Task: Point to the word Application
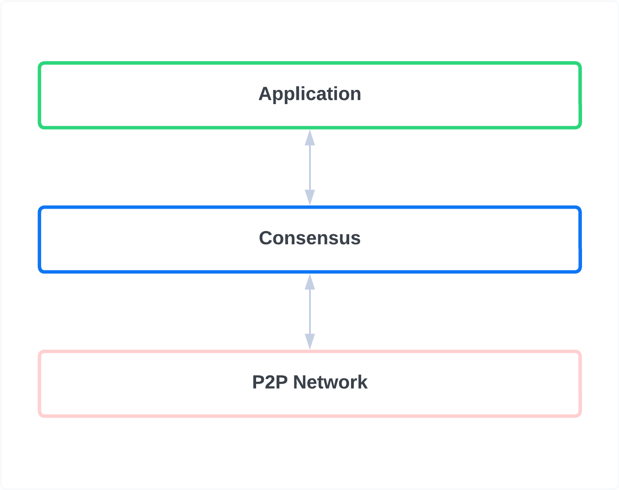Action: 309,94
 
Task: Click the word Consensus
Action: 309,238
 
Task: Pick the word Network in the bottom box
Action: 330,382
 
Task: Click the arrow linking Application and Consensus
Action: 310,168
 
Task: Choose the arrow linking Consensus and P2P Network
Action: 310,312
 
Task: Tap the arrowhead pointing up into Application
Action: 310,137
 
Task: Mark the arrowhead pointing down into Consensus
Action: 310,198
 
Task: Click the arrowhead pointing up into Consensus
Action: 310,282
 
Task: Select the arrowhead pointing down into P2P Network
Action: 310,342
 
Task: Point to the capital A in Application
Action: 265,94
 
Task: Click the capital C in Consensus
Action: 266,238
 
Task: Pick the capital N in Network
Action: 300,382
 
